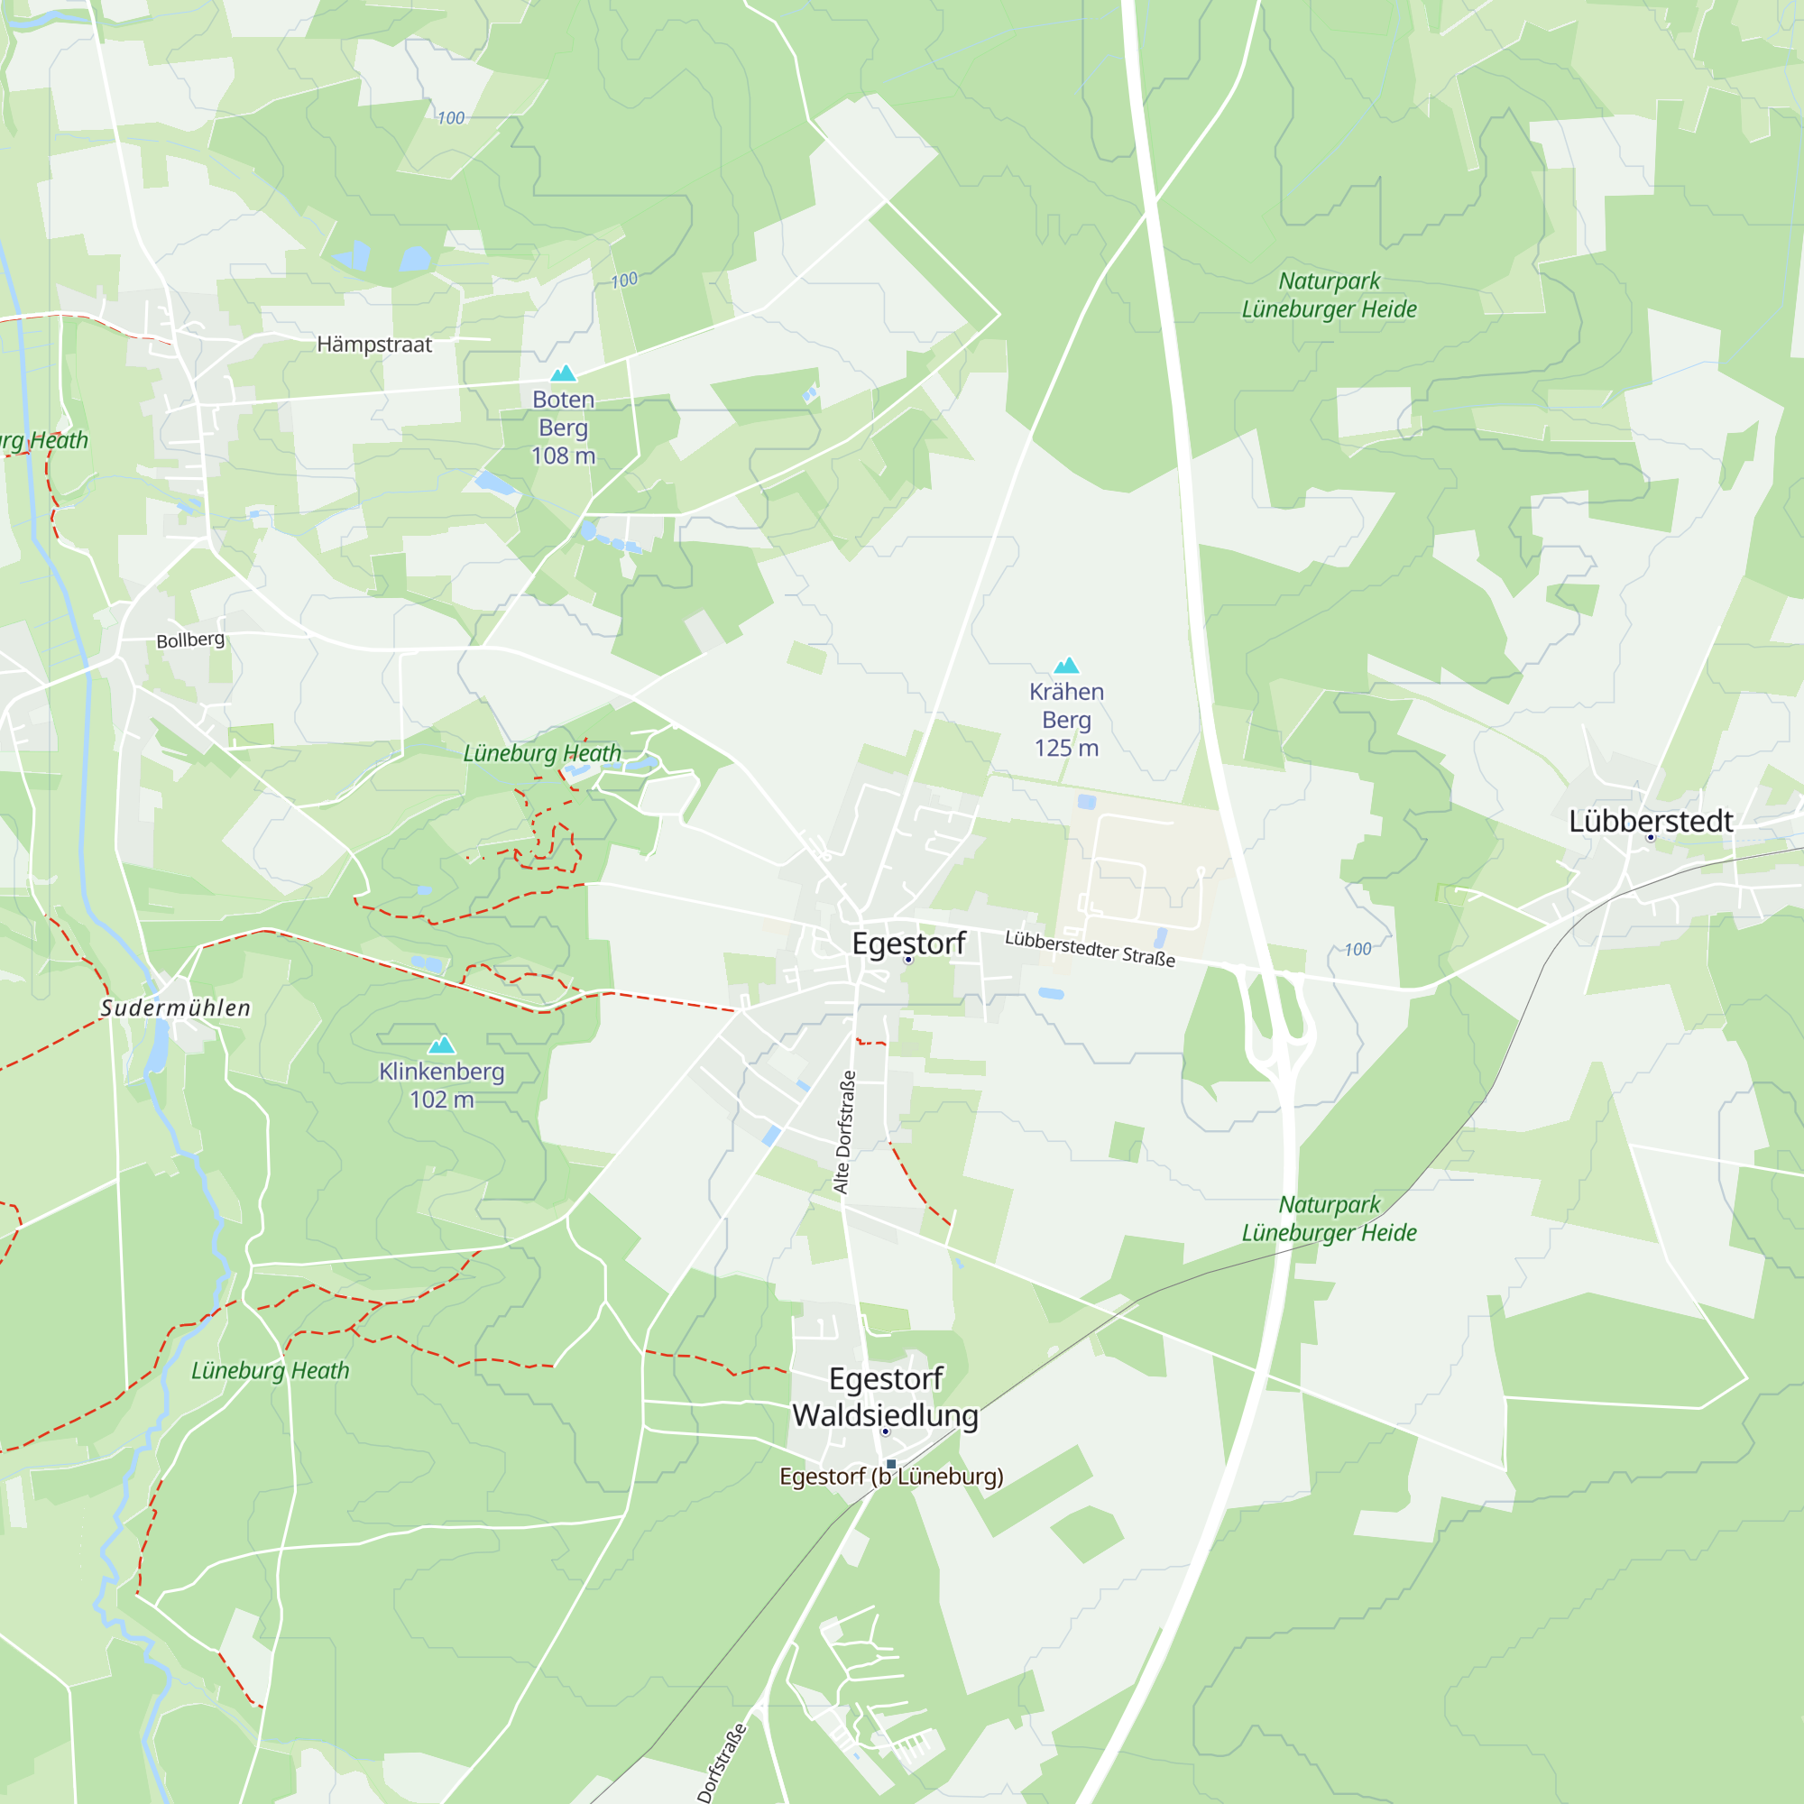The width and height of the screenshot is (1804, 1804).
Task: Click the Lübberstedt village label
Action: [1650, 821]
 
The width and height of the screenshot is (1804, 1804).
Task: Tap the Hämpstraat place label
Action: [373, 345]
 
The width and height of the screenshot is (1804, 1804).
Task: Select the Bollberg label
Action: [190, 640]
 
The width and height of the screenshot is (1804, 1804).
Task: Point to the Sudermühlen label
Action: [176, 1008]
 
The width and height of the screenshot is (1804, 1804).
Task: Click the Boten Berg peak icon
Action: [563, 373]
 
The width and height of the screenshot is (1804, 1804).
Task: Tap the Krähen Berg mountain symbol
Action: [1066, 665]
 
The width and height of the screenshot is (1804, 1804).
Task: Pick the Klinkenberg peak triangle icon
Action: [442, 1044]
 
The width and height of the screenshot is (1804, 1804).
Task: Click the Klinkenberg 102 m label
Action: [442, 1085]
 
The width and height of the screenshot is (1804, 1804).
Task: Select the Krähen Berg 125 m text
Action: [1066, 719]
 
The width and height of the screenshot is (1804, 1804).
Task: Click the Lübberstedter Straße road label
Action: [1090, 948]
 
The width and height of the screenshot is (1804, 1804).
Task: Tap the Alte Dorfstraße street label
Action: [844, 1132]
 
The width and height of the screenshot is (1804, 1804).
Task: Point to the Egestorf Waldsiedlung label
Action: [885, 1396]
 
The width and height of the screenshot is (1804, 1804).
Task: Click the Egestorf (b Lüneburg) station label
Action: [891, 1477]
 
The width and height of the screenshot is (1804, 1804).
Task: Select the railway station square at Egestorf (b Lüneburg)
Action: [891, 1463]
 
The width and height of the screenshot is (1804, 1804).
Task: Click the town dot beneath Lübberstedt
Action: [1650, 838]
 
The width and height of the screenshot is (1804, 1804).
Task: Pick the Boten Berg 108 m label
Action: [563, 427]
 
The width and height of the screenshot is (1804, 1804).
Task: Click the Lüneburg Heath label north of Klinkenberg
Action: [541, 752]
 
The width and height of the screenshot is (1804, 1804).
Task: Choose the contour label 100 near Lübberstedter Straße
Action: [1357, 949]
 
